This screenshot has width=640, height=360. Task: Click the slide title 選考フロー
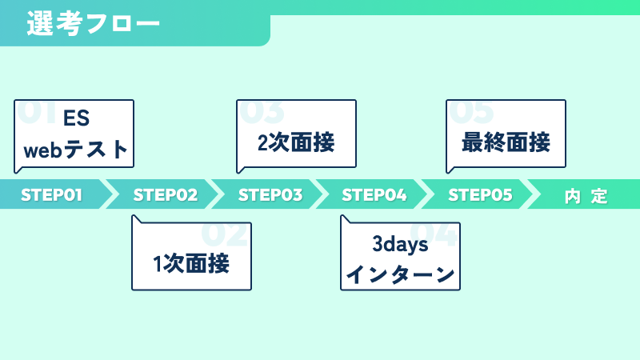click(x=93, y=23)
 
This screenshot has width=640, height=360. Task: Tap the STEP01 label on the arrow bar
click(x=51, y=194)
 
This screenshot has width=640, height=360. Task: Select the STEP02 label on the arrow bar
click(x=166, y=194)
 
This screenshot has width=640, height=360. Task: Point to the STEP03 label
click(x=270, y=194)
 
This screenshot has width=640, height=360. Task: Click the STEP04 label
click(x=374, y=194)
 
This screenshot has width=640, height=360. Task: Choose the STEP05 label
click(x=480, y=194)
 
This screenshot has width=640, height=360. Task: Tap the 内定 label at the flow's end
click(x=586, y=196)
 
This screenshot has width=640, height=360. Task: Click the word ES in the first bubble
click(x=76, y=118)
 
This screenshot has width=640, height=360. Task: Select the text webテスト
click(x=76, y=150)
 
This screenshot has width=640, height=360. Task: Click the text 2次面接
click(x=296, y=142)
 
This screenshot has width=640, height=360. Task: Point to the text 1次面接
click(x=191, y=263)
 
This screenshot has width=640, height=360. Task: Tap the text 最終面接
click(x=506, y=142)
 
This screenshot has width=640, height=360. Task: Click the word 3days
click(x=400, y=245)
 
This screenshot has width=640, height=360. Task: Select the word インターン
click(x=400, y=274)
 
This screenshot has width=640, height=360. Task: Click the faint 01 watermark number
click(x=37, y=111)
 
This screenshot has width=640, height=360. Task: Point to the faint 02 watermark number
click(x=224, y=234)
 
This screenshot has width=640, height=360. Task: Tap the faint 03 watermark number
click(x=262, y=111)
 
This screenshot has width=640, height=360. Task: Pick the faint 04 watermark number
click(x=433, y=234)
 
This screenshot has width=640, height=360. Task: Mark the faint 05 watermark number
click(x=471, y=111)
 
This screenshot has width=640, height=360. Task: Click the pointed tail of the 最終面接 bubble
click(x=448, y=173)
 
